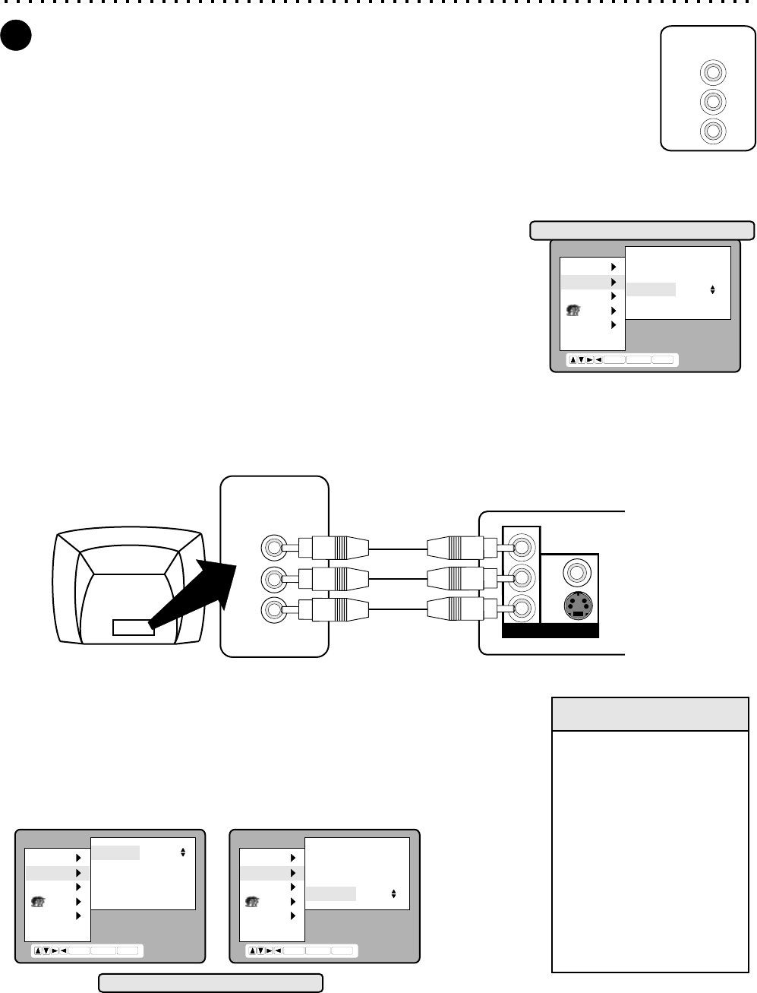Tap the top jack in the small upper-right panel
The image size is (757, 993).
(712, 72)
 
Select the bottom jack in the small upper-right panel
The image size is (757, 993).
(712, 131)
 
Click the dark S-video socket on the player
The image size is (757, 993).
(578, 606)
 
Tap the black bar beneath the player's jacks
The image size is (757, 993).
(550, 631)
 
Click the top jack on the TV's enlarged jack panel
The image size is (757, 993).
(272, 547)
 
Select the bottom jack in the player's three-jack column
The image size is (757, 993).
(521, 608)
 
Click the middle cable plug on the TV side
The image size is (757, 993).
(334, 578)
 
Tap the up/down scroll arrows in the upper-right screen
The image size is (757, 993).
(712, 289)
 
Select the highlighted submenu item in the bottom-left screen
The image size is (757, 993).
(115, 852)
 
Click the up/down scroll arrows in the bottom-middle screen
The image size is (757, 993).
(393, 894)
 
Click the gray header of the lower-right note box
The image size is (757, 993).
(650, 714)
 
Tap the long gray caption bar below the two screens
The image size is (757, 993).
(211, 983)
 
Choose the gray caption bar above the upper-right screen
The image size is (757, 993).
(642, 230)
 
